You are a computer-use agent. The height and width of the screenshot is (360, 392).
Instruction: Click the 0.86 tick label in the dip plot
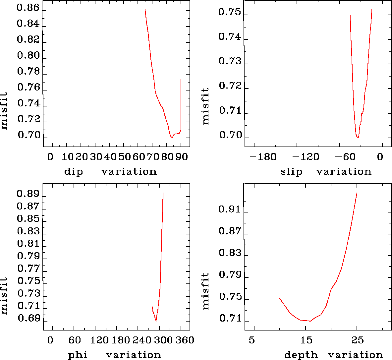(x=28, y=8)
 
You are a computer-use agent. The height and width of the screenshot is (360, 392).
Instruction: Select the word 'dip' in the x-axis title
(x=73, y=172)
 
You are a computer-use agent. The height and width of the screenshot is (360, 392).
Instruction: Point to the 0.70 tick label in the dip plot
(x=28, y=135)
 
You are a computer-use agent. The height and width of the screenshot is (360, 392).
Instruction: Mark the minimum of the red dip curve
(x=172, y=138)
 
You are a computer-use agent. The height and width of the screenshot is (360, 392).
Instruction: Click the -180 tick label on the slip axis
(x=262, y=156)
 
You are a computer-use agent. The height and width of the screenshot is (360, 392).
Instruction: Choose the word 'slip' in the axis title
(x=291, y=172)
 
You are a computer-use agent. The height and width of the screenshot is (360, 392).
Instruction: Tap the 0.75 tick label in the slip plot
(x=229, y=13)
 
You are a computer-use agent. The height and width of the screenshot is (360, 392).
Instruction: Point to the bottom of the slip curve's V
(x=358, y=138)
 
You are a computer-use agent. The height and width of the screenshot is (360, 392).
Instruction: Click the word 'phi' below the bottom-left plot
(x=78, y=355)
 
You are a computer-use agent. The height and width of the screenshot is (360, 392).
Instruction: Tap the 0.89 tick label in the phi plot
(x=28, y=194)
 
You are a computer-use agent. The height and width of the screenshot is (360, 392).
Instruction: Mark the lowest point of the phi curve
(x=156, y=321)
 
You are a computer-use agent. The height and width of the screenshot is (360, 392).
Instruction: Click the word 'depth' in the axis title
(x=301, y=355)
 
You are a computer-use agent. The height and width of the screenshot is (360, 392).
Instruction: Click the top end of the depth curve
(x=357, y=193)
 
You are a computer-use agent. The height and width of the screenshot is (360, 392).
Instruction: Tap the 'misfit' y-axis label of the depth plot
(x=206, y=291)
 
